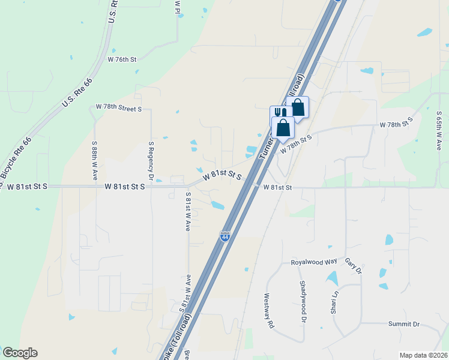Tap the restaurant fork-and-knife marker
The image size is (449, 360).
click(278, 113)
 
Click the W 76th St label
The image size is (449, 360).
click(122, 59)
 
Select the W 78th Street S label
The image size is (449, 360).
click(119, 108)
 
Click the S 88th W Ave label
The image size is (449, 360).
click(95, 161)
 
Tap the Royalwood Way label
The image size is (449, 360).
click(314, 262)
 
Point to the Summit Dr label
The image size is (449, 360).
click(403, 324)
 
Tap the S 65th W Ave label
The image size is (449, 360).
click(439, 131)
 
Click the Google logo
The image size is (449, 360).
click(20, 353)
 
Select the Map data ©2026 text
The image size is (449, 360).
click(423, 355)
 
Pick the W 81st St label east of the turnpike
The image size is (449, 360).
click(277, 187)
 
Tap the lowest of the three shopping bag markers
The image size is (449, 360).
click(283, 128)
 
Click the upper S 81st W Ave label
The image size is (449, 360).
click(188, 212)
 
